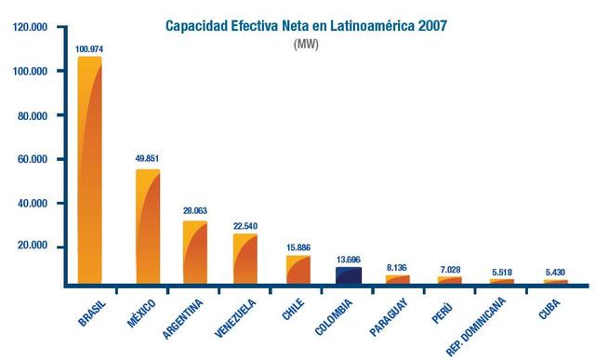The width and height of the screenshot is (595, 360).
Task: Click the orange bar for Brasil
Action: pos(89,172)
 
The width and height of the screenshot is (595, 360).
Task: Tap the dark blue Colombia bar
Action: pos(348,275)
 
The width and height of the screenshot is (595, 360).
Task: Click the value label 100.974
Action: pos(91,48)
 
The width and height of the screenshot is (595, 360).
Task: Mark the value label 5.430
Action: pos(555,271)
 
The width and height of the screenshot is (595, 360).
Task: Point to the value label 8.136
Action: pos(397,265)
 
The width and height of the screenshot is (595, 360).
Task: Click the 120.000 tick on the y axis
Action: pos(31,28)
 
